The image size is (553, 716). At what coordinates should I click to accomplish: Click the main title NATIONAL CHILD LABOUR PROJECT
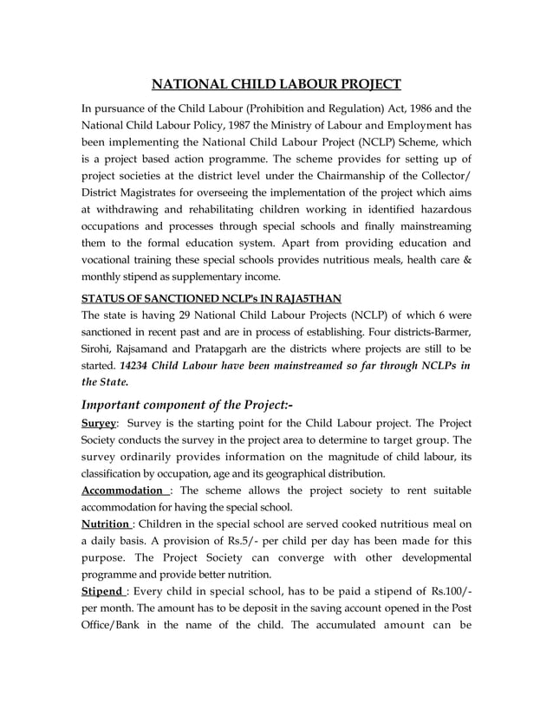tap(276, 84)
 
